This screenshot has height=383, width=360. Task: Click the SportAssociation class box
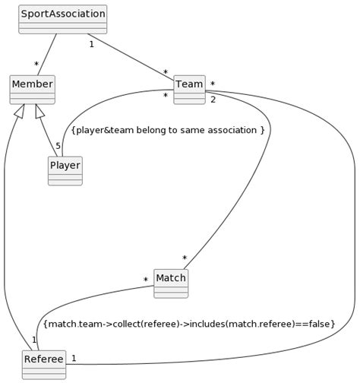[x=62, y=19]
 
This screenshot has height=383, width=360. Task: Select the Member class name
[x=32, y=84]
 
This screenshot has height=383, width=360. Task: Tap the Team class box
[x=189, y=89]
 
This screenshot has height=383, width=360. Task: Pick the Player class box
[x=65, y=171]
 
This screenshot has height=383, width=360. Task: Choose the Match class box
[x=170, y=283]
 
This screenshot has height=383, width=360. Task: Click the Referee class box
[x=43, y=364]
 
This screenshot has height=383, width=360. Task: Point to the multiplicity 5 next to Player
[x=58, y=146]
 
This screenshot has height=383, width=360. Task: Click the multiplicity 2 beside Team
[x=213, y=100]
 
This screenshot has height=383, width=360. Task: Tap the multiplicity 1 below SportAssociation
[x=91, y=44]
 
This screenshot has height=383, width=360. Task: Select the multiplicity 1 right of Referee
[x=74, y=357]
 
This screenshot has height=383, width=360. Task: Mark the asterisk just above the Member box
[x=36, y=65]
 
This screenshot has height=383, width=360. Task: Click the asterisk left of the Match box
[x=145, y=280]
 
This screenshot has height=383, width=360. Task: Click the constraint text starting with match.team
[x=189, y=324]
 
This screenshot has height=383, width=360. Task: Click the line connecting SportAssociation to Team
[x=129, y=55]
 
